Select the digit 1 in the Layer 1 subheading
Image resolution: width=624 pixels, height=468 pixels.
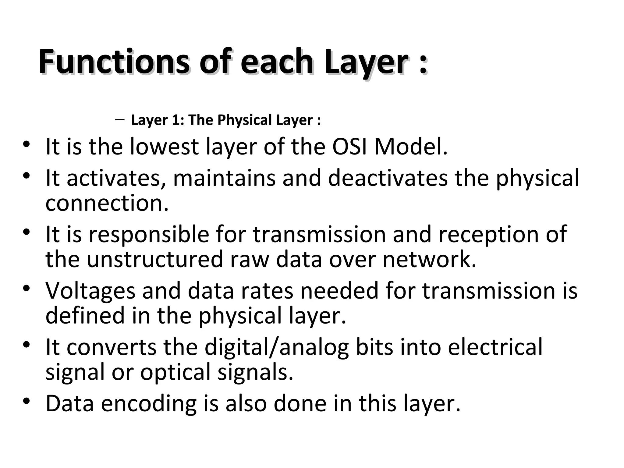click(176, 120)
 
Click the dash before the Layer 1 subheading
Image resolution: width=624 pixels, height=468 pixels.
click(120, 119)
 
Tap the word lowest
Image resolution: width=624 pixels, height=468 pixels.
click(164, 147)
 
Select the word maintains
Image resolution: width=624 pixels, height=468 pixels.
click(224, 178)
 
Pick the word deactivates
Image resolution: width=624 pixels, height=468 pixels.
click(388, 178)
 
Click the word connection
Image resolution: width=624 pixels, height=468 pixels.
click(107, 203)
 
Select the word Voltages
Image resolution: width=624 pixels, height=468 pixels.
click(90, 291)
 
